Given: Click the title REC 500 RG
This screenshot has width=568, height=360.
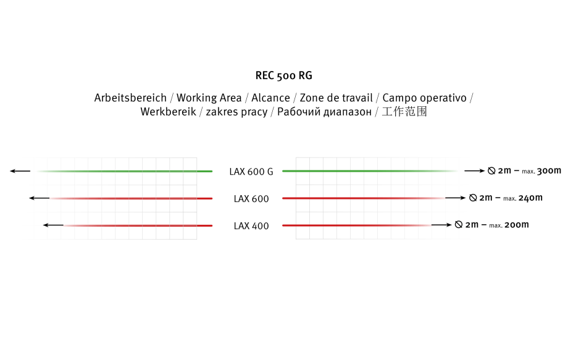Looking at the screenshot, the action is (x=283, y=75).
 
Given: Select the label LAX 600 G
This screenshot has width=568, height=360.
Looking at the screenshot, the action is (x=251, y=172).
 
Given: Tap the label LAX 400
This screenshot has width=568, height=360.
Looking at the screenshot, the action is (x=251, y=226).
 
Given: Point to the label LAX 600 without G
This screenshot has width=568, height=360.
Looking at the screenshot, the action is (x=251, y=199).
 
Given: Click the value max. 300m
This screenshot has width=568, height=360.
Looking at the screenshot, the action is (x=541, y=170).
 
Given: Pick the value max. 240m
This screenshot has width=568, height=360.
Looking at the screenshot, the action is (x=523, y=198).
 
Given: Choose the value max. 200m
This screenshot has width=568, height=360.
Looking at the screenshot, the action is (x=509, y=225).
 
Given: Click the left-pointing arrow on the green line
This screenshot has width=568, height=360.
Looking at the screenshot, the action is (x=20, y=171).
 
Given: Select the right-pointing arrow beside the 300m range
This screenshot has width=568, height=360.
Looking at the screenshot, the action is (x=475, y=170).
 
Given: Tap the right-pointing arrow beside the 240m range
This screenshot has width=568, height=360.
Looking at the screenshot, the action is (x=456, y=198).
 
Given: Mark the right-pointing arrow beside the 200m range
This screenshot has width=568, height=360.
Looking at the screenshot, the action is (x=441, y=225).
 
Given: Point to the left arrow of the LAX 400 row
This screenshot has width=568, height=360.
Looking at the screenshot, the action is (x=53, y=225).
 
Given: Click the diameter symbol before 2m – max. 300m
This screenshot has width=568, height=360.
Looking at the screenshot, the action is (x=491, y=170).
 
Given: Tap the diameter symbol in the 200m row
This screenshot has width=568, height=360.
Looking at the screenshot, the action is (x=459, y=225).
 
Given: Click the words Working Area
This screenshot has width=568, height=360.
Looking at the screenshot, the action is (x=209, y=98).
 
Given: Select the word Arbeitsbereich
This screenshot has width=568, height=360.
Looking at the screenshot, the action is (x=130, y=98).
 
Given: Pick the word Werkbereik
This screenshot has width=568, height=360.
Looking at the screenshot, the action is (x=168, y=112).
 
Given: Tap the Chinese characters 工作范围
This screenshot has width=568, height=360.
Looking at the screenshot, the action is (x=404, y=112).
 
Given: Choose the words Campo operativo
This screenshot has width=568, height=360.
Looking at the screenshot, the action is (x=425, y=98).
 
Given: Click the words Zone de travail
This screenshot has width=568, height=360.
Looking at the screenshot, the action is (x=336, y=98).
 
